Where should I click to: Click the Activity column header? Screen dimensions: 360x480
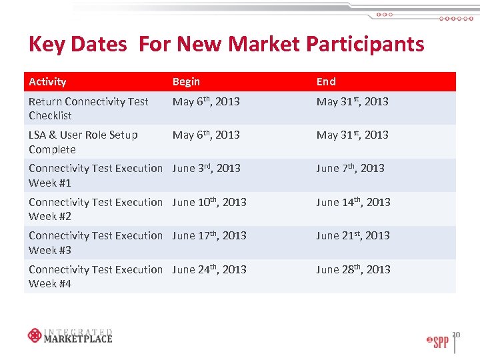[47, 82]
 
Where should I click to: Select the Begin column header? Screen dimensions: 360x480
[186, 82]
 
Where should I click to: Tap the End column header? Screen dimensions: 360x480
[326, 82]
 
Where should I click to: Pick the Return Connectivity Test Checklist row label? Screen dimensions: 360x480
[88, 109]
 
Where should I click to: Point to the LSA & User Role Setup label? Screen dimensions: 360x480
[83, 142]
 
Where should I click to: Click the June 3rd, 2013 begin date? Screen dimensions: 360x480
[206, 169]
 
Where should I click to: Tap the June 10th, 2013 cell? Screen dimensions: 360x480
[209, 202]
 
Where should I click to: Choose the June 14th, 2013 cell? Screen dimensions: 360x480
[353, 202]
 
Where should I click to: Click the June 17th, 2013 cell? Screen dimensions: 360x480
[209, 236]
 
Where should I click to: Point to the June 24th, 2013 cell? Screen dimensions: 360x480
[209, 269]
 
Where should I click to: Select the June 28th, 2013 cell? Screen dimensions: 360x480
[353, 269]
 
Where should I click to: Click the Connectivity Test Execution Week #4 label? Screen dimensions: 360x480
[95, 277]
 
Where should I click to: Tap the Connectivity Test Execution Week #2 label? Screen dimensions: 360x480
[95, 209]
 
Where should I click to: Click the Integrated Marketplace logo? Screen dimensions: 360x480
[70, 335]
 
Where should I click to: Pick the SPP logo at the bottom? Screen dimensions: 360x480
[437, 342]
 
